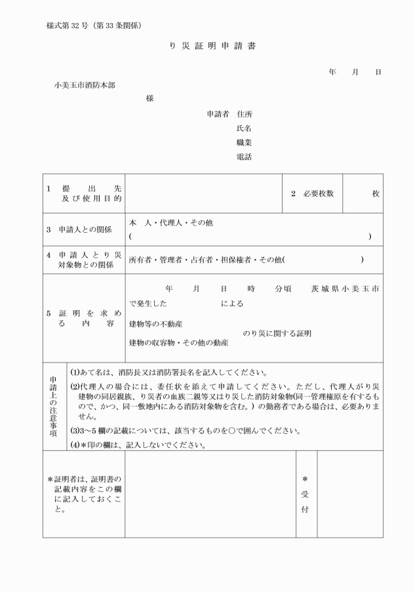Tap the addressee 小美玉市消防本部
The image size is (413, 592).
pyautogui.click(x=85, y=85)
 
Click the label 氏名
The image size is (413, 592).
pyautogui.click(x=244, y=128)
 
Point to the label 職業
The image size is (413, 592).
pyautogui.click(x=244, y=142)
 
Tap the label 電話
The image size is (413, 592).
pyautogui.click(x=244, y=157)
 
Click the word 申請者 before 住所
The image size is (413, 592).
pyautogui.click(x=218, y=113)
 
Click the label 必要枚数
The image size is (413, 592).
pyautogui.click(x=318, y=193)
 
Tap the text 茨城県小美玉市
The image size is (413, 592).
pyautogui.click(x=346, y=288)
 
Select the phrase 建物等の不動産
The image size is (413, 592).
pyautogui.click(x=155, y=324)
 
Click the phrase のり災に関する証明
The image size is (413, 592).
pyautogui.click(x=277, y=334)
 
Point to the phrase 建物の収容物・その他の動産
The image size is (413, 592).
pyautogui.click(x=178, y=343)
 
